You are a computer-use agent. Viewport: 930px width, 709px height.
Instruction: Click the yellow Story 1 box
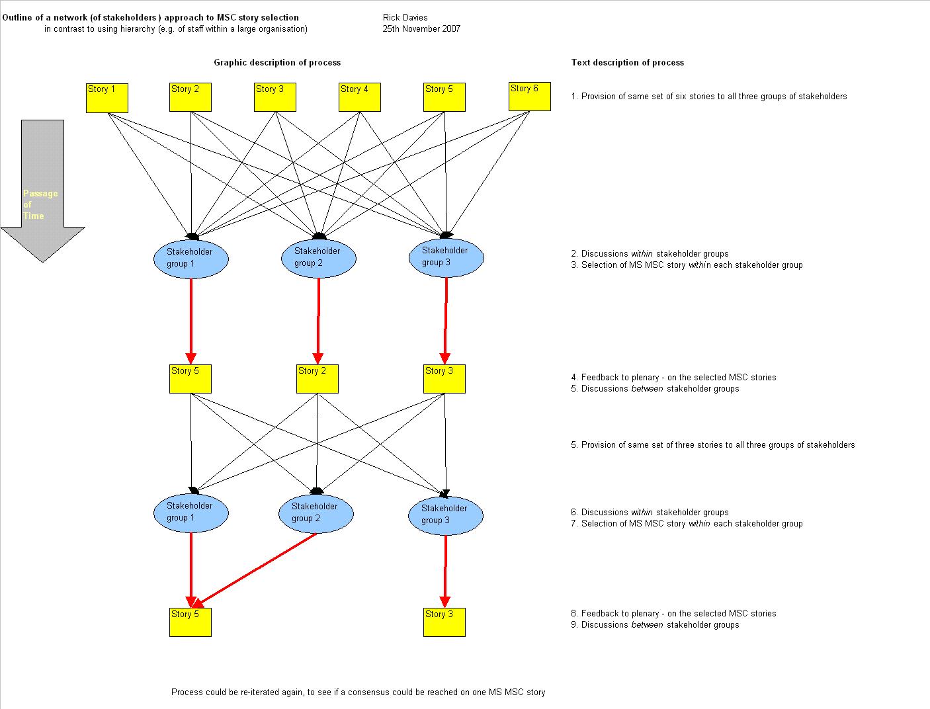(106, 97)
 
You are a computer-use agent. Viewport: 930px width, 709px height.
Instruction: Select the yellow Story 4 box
(359, 97)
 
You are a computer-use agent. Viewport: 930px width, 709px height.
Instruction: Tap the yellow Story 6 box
(529, 97)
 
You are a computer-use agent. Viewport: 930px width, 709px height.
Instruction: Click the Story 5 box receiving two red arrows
(190, 622)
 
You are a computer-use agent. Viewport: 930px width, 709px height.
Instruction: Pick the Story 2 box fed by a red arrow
(317, 378)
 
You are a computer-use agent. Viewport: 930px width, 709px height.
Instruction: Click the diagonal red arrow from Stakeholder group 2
(255, 569)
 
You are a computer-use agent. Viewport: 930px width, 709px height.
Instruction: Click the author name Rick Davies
(405, 17)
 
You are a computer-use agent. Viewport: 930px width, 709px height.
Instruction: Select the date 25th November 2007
(421, 28)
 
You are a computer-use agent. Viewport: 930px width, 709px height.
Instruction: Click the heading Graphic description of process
(277, 62)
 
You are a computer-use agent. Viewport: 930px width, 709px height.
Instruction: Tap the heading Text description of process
(627, 62)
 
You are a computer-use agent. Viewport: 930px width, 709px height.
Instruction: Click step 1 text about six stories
(708, 96)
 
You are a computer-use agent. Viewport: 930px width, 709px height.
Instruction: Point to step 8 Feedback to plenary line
(673, 613)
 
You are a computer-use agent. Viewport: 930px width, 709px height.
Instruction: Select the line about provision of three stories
(712, 444)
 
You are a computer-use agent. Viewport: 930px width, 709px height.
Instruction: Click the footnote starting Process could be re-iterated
(358, 692)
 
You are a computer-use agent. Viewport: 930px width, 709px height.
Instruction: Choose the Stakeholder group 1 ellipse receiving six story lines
(190, 258)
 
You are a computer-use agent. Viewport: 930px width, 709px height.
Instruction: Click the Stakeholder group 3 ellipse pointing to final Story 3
(445, 515)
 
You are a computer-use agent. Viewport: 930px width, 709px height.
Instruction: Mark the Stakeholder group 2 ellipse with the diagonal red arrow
(316, 513)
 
